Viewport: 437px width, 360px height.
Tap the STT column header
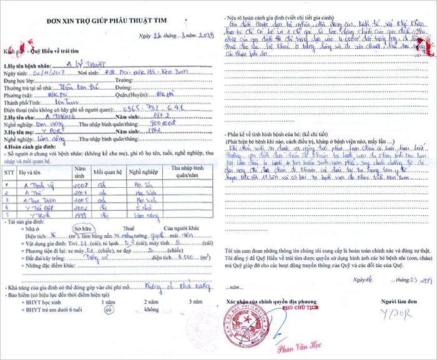coord(9,170)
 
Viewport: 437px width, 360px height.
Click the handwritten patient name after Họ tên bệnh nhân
coord(84,64)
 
